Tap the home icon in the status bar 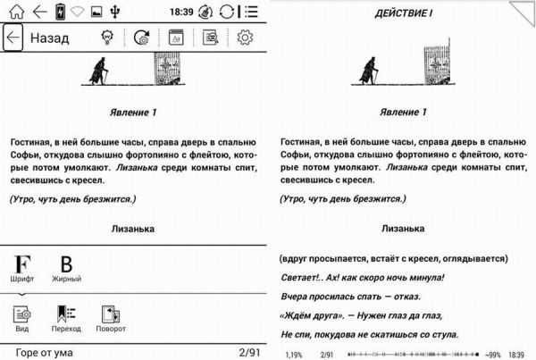(x=14, y=12)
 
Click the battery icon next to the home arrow (x=60, y=12)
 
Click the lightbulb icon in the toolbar (x=107, y=38)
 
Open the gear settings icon (x=245, y=38)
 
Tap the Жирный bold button (x=66, y=268)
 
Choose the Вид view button (x=22, y=317)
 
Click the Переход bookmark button (x=66, y=317)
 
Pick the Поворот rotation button (x=112, y=317)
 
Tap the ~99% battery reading (x=490, y=354)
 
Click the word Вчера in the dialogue (x=296, y=296)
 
